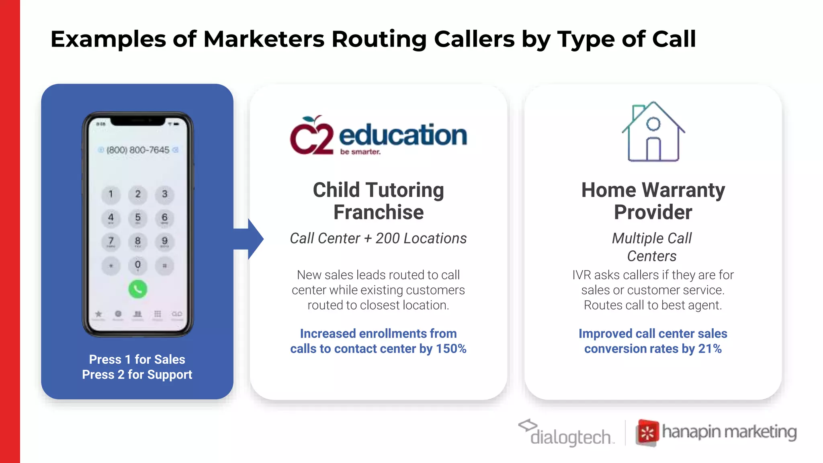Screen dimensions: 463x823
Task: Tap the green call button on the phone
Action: (x=137, y=289)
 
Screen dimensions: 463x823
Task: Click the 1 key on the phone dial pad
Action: (x=111, y=194)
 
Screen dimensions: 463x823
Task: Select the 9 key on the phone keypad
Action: (x=164, y=241)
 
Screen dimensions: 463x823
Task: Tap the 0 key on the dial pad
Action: (x=137, y=265)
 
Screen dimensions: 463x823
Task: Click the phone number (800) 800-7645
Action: (x=138, y=150)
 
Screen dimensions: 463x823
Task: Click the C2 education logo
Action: (x=378, y=135)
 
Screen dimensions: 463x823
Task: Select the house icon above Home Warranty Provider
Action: (x=653, y=131)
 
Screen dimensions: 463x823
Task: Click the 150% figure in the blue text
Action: (x=451, y=348)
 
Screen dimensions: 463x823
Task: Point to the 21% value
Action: (x=710, y=348)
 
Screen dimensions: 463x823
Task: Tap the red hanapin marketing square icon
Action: (x=647, y=433)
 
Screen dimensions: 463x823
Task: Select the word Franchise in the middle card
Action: (x=378, y=212)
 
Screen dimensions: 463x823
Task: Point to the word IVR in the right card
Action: (x=581, y=275)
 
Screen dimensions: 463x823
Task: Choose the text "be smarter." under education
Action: (x=360, y=152)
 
